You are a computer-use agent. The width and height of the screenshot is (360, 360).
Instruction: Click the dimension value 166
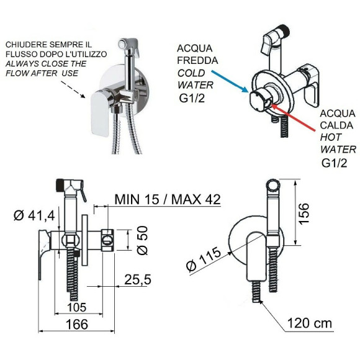pyautogui.click(x=77, y=324)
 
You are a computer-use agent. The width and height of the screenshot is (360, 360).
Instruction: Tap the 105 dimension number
pyautogui.click(x=77, y=307)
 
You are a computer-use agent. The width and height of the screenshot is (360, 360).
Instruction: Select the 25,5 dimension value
pyautogui.click(x=138, y=280)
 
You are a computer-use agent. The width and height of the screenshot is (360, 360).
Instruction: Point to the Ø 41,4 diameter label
pyautogui.click(x=34, y=216)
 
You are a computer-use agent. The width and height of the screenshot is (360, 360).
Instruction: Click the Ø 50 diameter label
pyautogui.click(x=142, y=240)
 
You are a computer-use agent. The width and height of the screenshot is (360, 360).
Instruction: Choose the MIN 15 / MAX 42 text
pyautogui.click(x=168, y=199)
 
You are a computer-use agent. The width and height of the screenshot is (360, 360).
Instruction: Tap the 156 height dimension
pyautogui.click(x=304, y=213)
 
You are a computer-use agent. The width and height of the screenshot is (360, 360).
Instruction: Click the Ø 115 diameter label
pyautogui.click(x=204, y=259)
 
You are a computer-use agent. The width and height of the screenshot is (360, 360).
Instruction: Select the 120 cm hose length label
pyautogui.click(x=310, y=323)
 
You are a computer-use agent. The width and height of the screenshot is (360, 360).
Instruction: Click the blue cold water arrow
pyautogui.click(x=230, y=81)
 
